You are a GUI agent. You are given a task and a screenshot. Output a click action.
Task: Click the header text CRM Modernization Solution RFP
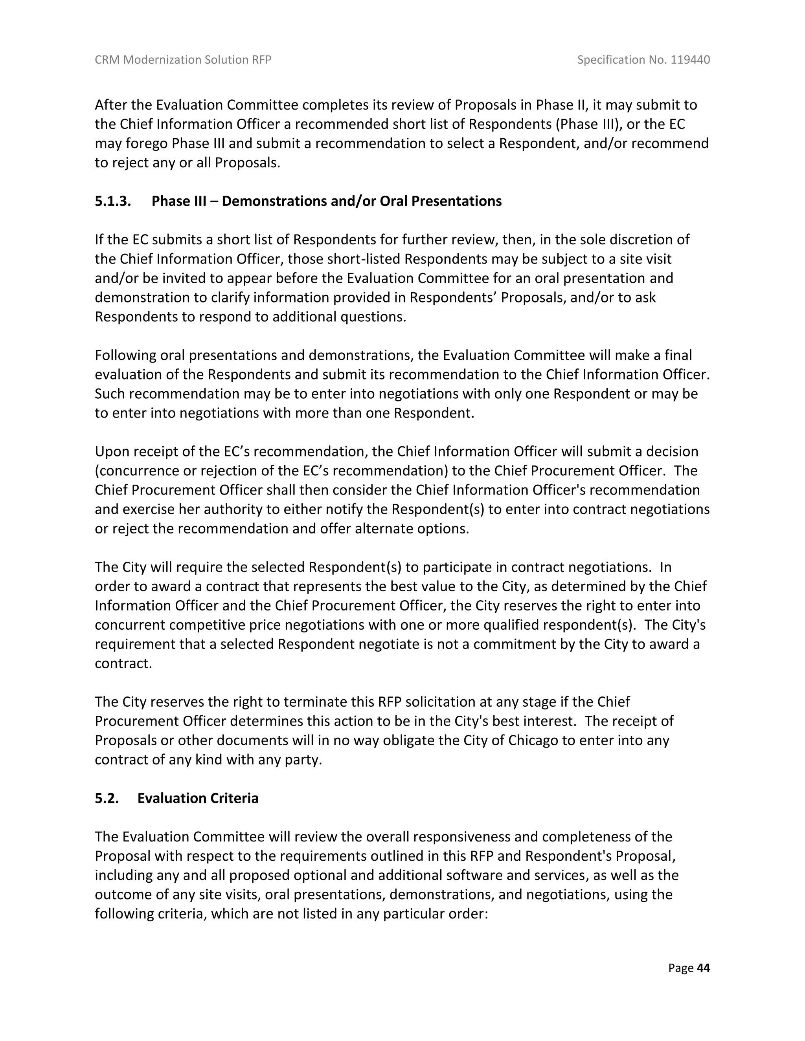(x=183, y=60)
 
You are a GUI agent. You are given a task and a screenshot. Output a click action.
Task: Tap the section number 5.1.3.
(x=113, y=201)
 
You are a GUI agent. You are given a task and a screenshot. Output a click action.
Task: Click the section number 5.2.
(x=107, y=798)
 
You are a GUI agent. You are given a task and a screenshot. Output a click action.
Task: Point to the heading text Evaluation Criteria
(x=198, y=798)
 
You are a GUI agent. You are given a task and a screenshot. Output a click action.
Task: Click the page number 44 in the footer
(x=703, y=968)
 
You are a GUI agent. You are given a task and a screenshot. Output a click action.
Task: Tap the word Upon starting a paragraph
(x=112, y=451)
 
